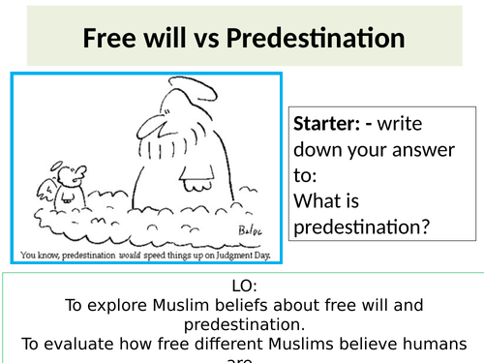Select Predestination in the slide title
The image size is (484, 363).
(313, 39)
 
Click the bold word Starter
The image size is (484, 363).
(325, 125)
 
